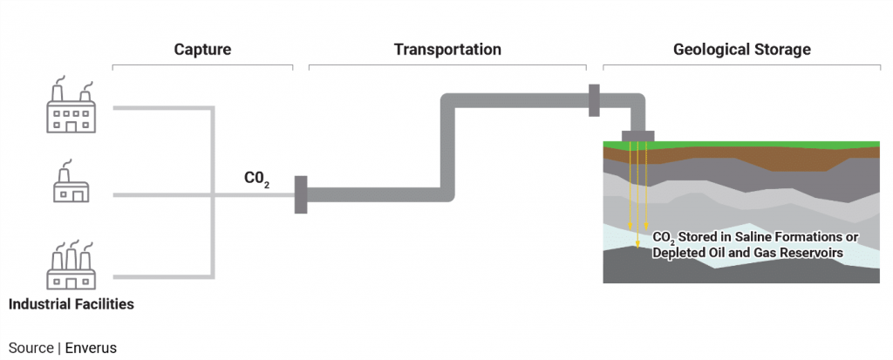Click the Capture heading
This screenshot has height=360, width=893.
pos(202,50)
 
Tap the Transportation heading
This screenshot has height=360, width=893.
pos(447,50)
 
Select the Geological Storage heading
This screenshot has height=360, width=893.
pos(742,50)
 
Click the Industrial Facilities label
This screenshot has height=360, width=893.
pos(71,305)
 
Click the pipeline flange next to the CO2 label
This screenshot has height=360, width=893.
pos(301,194)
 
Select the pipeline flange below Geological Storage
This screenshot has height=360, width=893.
pos(594,100)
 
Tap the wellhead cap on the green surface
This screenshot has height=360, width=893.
pos(637,135)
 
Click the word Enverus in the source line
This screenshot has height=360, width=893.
pos(91,348)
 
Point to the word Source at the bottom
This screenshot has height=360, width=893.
pos(31,348)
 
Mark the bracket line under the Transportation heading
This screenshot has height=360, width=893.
pos(447,65)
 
